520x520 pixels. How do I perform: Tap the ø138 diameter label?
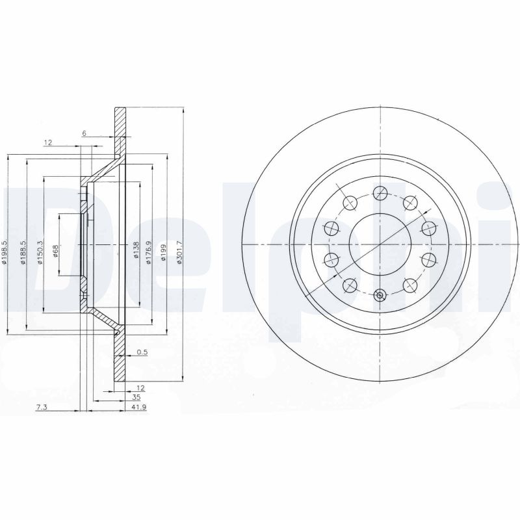coord(136,250)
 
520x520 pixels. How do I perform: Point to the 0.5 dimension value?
coord(142,353)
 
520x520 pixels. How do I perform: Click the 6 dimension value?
coord(84,133)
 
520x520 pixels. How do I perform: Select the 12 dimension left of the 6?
coord(47,142)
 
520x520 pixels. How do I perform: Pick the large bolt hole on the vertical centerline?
coord(380,192)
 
